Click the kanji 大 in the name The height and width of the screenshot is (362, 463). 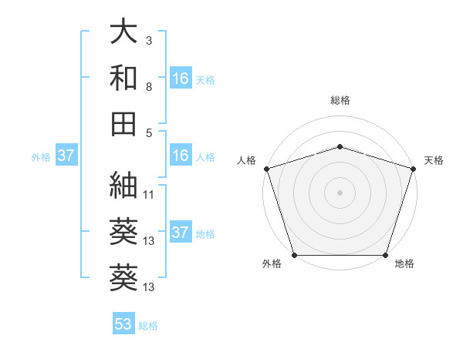coord(123,32)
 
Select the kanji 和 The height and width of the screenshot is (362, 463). coord(123,79)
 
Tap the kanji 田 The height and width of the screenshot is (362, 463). coord(123,124)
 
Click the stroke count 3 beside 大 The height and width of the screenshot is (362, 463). coord(149,39)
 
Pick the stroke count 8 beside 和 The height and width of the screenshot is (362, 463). coord(149,86)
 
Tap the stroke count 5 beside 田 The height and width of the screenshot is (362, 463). coord(149,132)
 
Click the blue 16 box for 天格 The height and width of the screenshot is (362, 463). coord(181,78)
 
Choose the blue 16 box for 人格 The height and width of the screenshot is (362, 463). coord(181,156)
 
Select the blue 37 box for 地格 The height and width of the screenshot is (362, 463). coord(181,233)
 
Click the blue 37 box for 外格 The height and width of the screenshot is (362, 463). coord(66,156)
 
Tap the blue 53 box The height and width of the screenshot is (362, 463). coord(123,324)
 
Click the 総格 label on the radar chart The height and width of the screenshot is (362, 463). coord(340,100)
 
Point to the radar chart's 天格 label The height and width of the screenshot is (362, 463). coord(434,160)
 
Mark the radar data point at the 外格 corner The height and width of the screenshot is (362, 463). coord(294,255)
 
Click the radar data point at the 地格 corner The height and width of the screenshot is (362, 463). coord(386,255)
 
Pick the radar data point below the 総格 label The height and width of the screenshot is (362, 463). coord(340,146)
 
